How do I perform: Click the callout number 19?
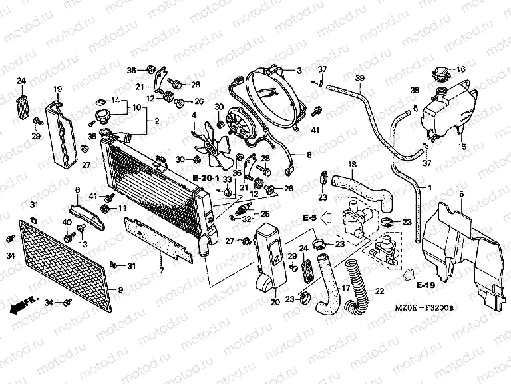pyautogui.click(x=57, y=89)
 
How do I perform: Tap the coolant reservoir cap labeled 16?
pyautogui.click(x=441, y=73)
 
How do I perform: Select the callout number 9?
pyautogui.click(x=120, y=289)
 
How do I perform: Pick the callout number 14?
pyautogui.click(x=115, y=100)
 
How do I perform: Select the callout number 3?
pyautogui.click(x=299, y=70)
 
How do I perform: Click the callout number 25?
pyautogui.click(x=265, y=214)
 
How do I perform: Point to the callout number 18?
pyautogui.click(x=352, y=164)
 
